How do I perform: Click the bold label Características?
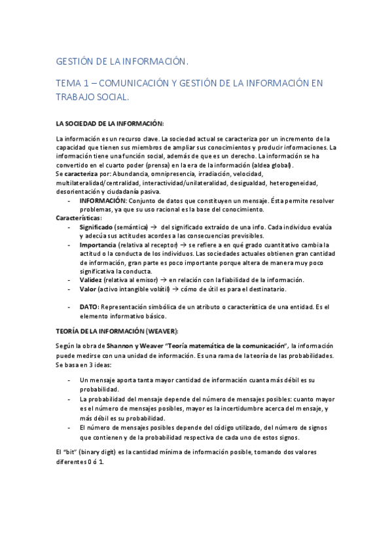point(79,218)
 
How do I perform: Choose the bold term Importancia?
point(99,244)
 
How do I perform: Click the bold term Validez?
point(91,279)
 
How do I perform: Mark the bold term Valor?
point(89,289)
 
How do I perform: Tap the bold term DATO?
point(90,306)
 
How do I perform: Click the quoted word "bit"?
point(69,452)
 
